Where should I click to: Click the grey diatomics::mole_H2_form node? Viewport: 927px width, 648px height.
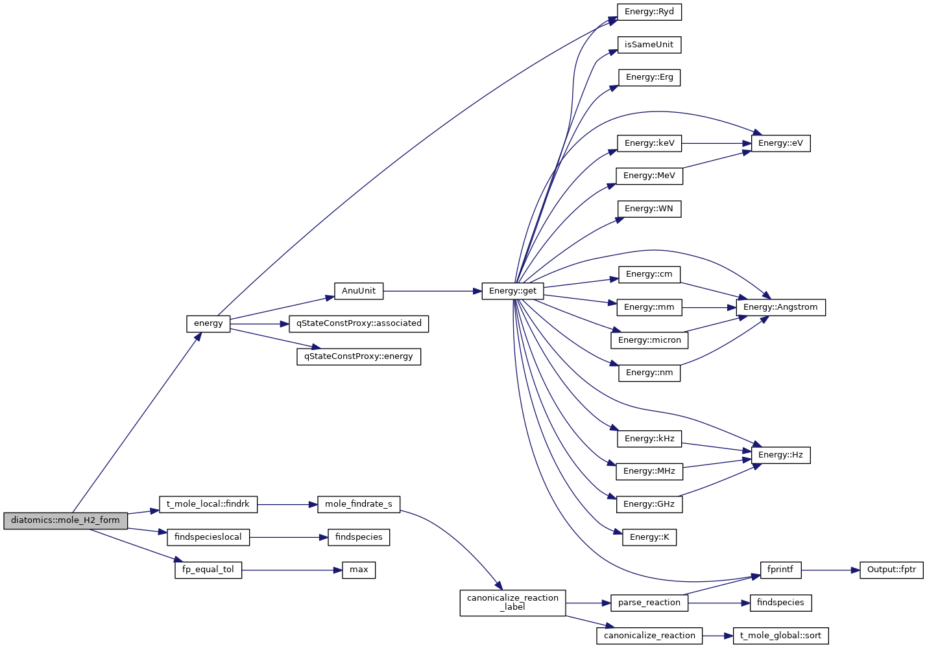[x=66, y=520]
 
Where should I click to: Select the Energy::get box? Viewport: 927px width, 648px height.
[x=512, y=291]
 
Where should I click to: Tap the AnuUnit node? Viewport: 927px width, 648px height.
[x=359, y=291]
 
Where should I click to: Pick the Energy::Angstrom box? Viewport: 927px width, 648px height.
[x=780, y=307]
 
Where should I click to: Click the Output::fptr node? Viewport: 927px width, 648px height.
[x=891, y=570]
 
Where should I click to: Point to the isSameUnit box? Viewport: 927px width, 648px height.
[x=649, y=45]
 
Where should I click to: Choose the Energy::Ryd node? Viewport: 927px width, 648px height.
[x=649, y=12]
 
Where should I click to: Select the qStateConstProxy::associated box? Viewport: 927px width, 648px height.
[x=359, y=323]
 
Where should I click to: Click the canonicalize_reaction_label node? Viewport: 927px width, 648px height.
[x=512, y=603]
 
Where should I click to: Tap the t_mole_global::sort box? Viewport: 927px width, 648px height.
[x=780, y=636]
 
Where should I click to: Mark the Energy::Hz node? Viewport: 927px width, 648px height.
[x=780, y=455]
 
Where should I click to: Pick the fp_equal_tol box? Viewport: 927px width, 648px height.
[x=208, y=570]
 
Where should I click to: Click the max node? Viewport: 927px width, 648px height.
[x=359, y=570]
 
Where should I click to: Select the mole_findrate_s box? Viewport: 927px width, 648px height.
[x=359, y=504]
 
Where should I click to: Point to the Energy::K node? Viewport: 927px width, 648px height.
[x=649, y=537]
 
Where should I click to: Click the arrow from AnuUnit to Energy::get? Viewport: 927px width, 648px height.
[x=432, y=291]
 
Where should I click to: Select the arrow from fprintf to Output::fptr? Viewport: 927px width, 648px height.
[x=830, y=570]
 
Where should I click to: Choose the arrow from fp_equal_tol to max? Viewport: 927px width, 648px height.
[x=292, y=570]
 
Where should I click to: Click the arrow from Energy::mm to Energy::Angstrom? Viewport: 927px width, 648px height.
[x=709, y=307]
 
